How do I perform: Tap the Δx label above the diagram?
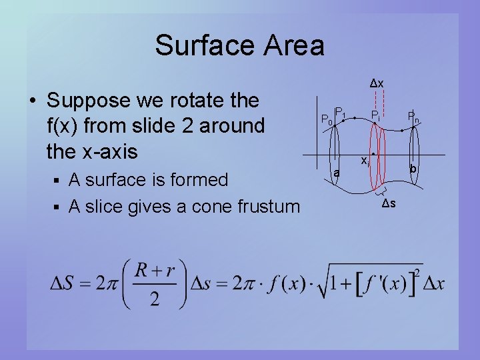click(377, 83)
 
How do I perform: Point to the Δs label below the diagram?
click(389, 203)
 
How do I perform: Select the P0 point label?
click(326, 120)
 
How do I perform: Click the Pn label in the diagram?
click(414, 116)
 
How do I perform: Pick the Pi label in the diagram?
click(376, 116)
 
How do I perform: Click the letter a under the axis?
click(337, 173)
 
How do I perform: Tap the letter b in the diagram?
click(413, 171)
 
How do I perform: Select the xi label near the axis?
click(365, 161)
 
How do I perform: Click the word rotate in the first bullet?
click(195, 101)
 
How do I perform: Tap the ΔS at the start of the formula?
click(66, 284)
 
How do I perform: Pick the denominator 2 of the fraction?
click(154, 299)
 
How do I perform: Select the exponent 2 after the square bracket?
click(417, 273)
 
